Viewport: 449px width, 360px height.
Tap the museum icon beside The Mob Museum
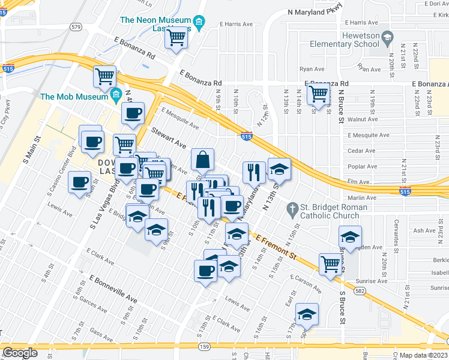(116, 95)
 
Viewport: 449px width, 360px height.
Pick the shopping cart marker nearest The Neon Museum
(176, 39)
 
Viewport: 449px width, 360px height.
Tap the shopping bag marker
(203, 160)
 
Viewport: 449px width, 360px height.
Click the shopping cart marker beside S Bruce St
(330, 264)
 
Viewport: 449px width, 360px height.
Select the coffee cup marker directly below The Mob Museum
(133, 113)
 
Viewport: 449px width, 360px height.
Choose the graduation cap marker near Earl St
(307, 314)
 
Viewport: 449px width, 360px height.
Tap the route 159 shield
(204, 346)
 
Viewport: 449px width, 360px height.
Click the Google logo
(20, 353)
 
